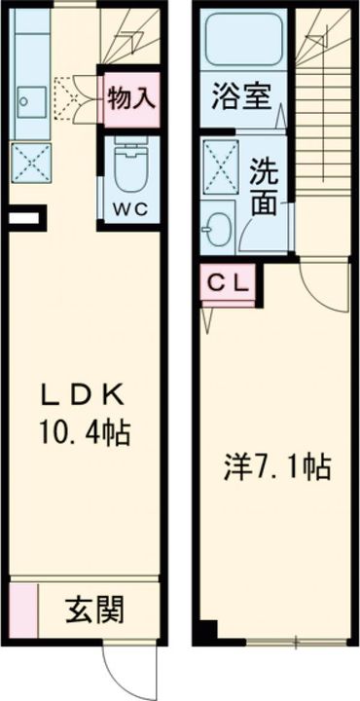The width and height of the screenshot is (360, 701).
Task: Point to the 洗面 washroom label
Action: pyautogui.click(x=264, y=189)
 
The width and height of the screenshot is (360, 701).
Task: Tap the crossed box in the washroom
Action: pyautogui.click(x=220, y=166)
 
